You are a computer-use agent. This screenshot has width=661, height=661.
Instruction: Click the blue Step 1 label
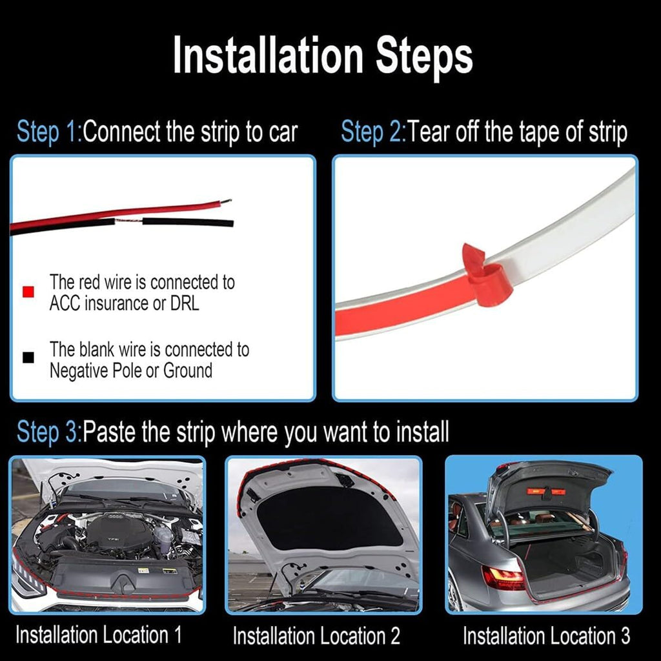click(x=48, y=132)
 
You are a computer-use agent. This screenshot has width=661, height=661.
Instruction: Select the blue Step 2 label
click(x=372, y=132)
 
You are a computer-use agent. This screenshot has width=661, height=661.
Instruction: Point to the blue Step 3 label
click(x=48, y=432)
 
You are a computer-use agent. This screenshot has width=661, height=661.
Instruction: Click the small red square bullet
click(x=28, y=292)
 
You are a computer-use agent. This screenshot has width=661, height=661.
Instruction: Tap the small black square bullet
click(x=28, y=358)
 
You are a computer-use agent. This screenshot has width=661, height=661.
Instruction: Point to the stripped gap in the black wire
click(x=128, y=221)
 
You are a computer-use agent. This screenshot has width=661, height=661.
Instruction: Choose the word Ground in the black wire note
click(x=188, y=371)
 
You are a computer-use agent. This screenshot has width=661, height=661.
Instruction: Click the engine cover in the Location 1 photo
click(x=115, y=535)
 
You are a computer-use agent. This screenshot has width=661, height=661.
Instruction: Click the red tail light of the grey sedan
click(x=503, y=578)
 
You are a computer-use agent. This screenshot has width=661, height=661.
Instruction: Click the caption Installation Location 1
click(x=98, y=635)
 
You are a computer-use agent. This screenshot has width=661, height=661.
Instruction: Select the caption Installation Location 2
click(x=316, y=636)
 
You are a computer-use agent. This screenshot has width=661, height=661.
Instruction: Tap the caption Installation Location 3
click(x=546, y=636)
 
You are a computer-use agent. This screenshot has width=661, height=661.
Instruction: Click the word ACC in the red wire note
click(x=64, y=303)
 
